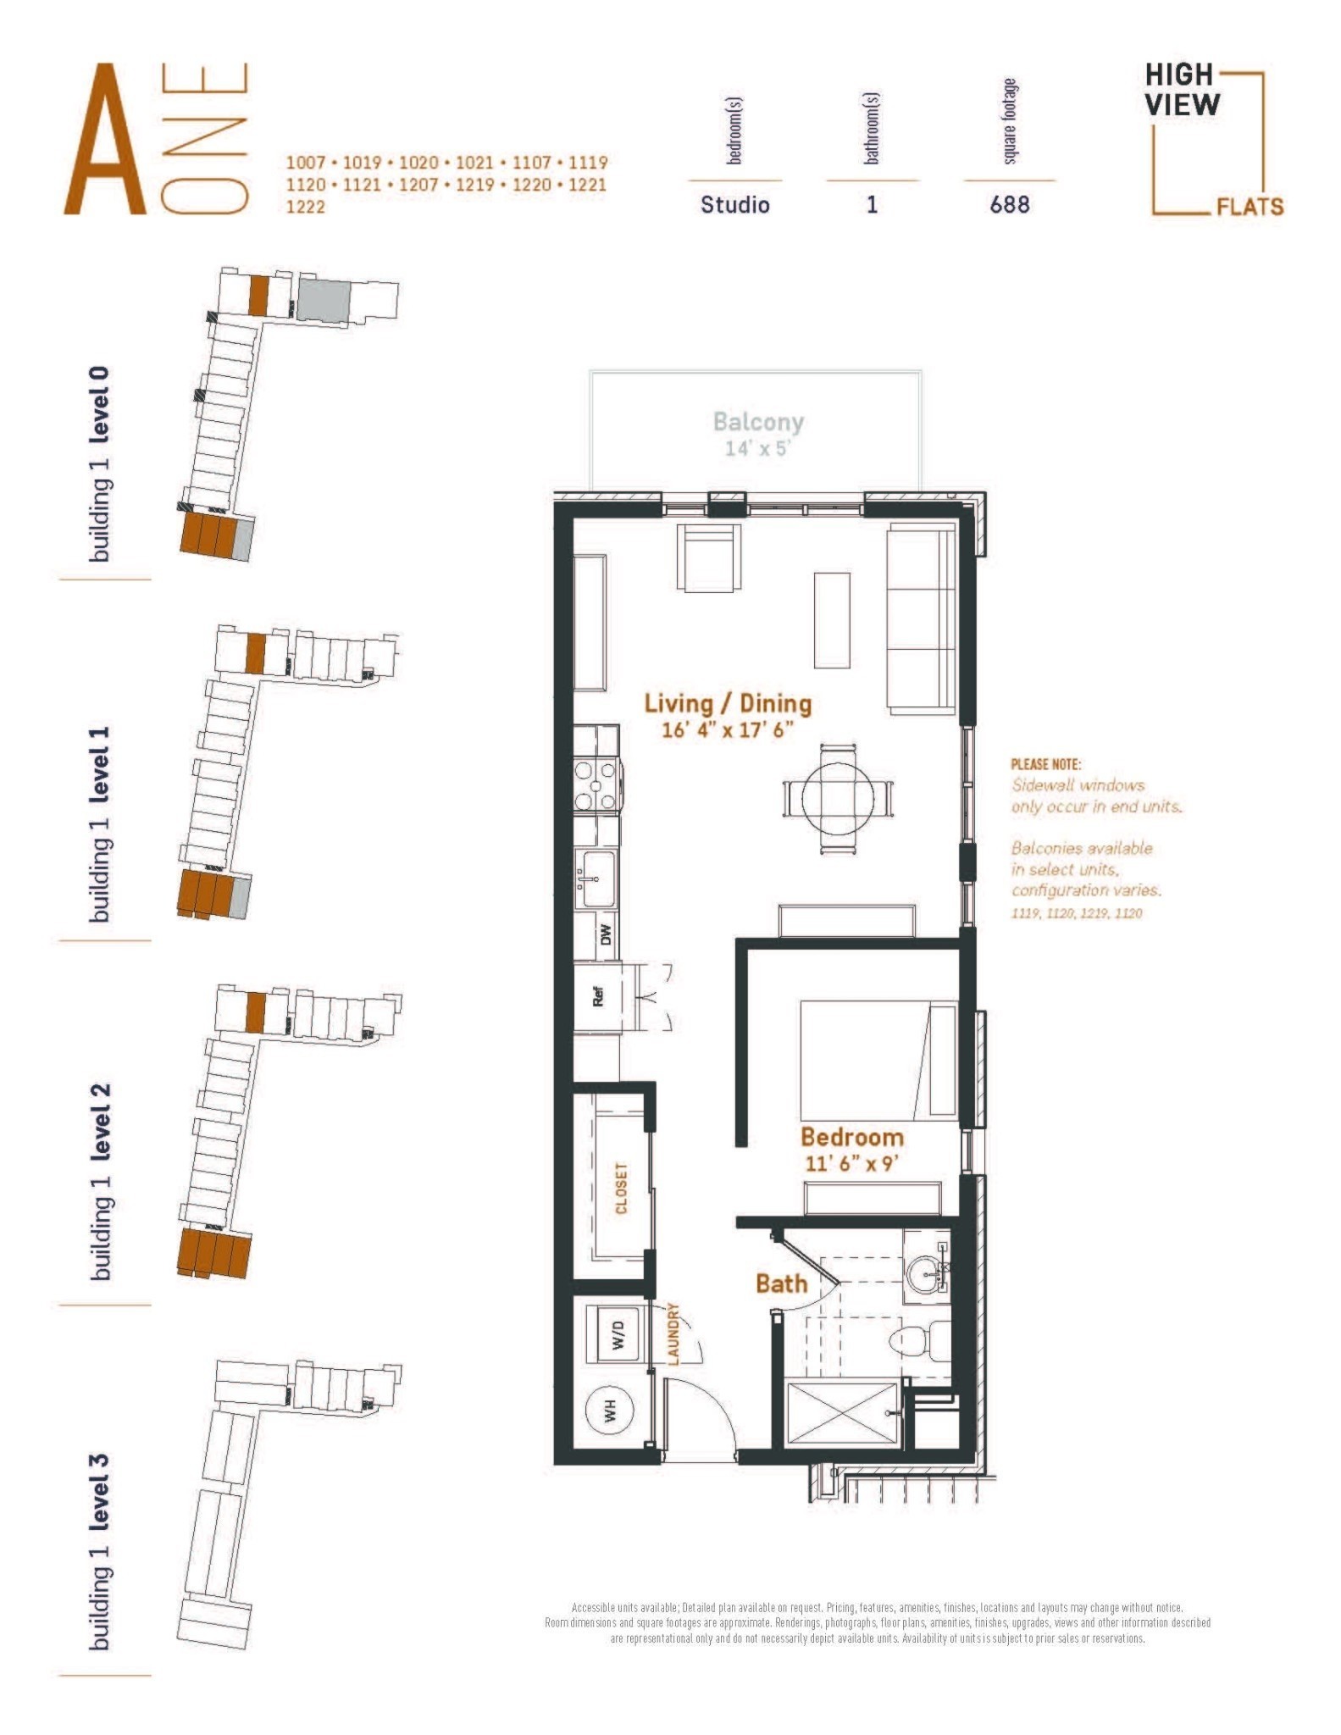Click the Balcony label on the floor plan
tap(758, 422)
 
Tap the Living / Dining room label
tap(728, 703)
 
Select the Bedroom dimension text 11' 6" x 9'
tap(851, 1163)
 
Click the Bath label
tap(781, 1283)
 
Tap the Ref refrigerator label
tap(598, 996)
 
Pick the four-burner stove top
tap(596, 785)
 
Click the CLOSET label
tap(622, 1188)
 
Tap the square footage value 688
tap(1010, 205)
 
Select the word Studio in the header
tap(734, 205)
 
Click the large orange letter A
tap(105, 140)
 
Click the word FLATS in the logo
tap(1250, 207)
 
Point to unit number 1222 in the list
tap(306, 207)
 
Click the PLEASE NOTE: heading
tap(1045, 764)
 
